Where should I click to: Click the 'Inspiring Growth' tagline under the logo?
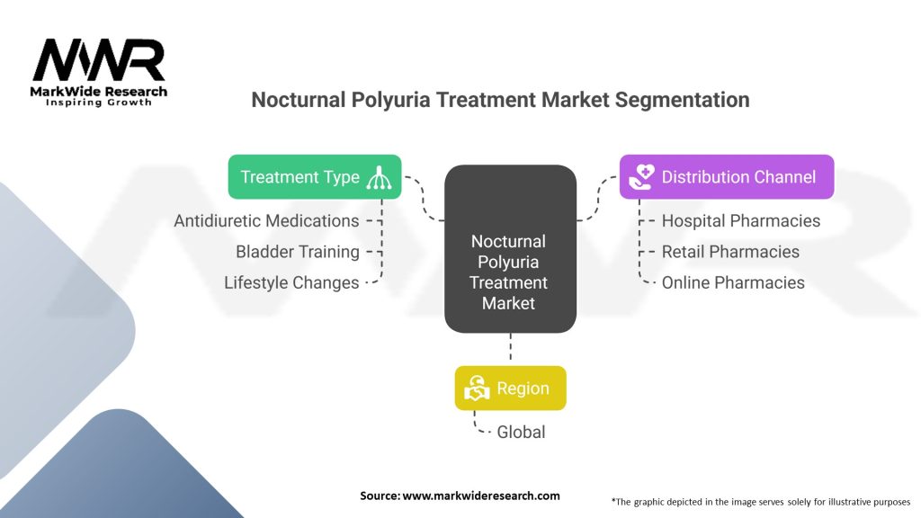[99, 103]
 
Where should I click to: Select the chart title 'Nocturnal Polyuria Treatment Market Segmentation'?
[500, 100]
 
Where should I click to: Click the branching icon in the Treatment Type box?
[379, 177]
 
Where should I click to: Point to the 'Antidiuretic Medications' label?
[266, 220]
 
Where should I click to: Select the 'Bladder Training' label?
[297, 252]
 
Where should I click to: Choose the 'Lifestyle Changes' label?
[291, 282]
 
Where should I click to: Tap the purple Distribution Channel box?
[727, 177]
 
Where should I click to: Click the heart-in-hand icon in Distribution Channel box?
[641, 177]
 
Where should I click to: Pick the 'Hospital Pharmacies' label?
[740, 220]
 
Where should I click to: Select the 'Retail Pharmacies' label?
[730, 252]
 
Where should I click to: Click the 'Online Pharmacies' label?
[733, 282]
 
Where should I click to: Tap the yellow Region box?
[510, 388]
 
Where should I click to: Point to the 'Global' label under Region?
[521, 432]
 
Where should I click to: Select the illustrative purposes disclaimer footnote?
[760, 501]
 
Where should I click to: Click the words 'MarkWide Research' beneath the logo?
[99, 92]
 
